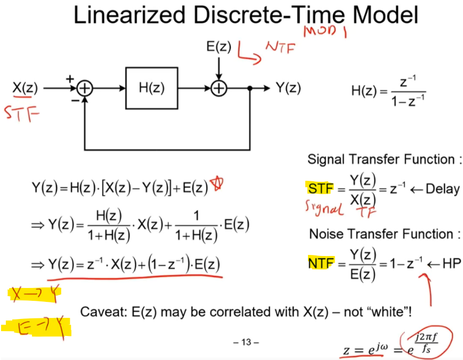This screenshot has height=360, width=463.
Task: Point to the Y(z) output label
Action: [288, 89]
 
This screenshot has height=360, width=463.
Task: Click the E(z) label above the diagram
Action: [218, 46]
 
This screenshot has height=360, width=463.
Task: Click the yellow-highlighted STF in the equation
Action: [320, 189]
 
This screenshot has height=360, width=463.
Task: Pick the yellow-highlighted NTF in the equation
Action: [320, 263]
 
